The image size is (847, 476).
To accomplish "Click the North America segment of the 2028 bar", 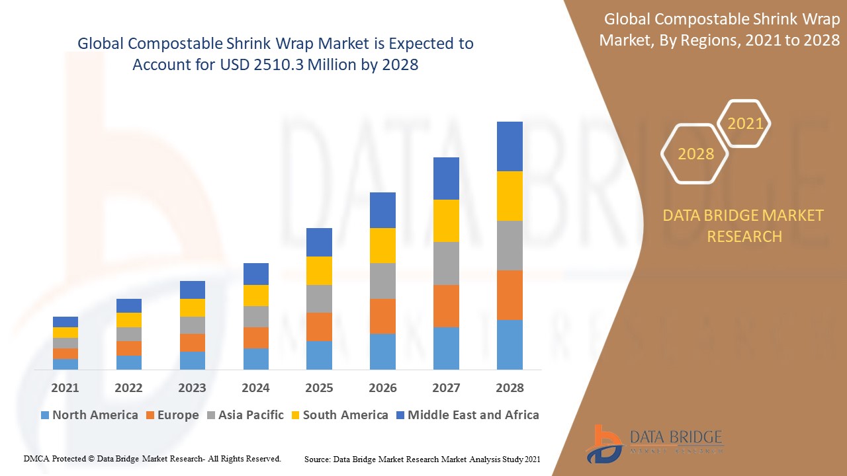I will coord(510,344).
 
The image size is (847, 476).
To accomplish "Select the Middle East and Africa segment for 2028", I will coord(510,146).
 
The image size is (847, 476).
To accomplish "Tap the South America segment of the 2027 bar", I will coord(446,221).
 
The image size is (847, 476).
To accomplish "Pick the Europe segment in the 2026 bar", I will coord(382,316).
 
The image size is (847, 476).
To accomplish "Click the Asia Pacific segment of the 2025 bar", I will coord(319,299).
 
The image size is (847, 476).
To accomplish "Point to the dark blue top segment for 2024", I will coord(256,274).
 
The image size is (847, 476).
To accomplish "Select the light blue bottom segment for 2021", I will coord(66,364).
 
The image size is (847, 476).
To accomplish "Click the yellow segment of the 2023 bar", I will coord(193,307).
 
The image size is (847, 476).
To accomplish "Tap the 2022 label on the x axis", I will coord(128,388).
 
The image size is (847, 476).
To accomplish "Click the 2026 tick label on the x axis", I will coord(382,388).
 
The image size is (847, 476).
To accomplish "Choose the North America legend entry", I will coord(89,415).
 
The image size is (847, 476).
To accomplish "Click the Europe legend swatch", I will coord(152,416).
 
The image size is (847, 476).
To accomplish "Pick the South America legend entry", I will coord(339,415).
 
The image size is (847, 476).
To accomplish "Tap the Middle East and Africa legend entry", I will coord(467,415).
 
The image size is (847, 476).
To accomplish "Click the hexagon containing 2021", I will coord(745,124).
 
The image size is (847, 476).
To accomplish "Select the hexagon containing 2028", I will coord(695,153).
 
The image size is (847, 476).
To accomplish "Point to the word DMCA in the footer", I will coord(37,458).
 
